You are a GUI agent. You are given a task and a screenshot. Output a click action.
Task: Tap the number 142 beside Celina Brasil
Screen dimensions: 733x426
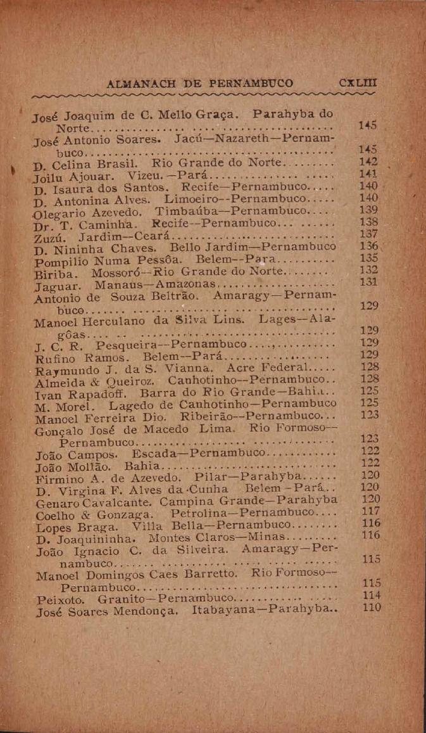tap(367, 162)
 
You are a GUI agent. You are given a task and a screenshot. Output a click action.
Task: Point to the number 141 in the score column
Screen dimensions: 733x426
tap(368, 174)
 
